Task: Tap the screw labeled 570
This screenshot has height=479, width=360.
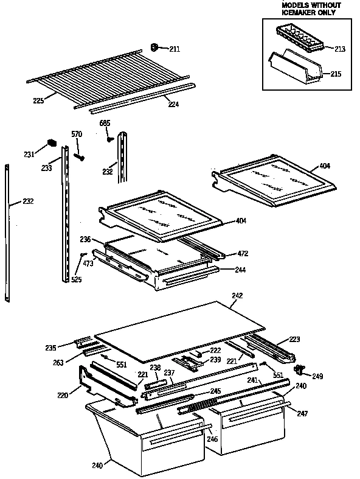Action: coord(79,157)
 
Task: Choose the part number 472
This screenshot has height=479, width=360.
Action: coord(243,253)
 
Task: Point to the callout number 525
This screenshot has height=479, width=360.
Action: coord(76,280)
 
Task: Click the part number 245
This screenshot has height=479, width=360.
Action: coord(215,391)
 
